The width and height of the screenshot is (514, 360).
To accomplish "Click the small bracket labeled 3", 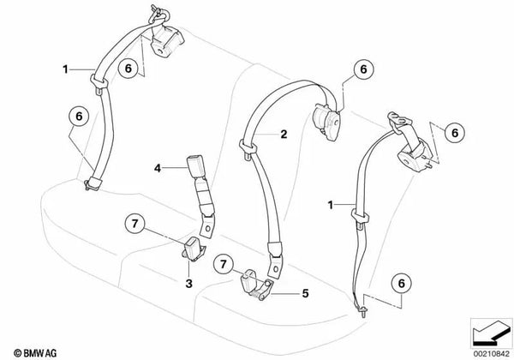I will (194, 249).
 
